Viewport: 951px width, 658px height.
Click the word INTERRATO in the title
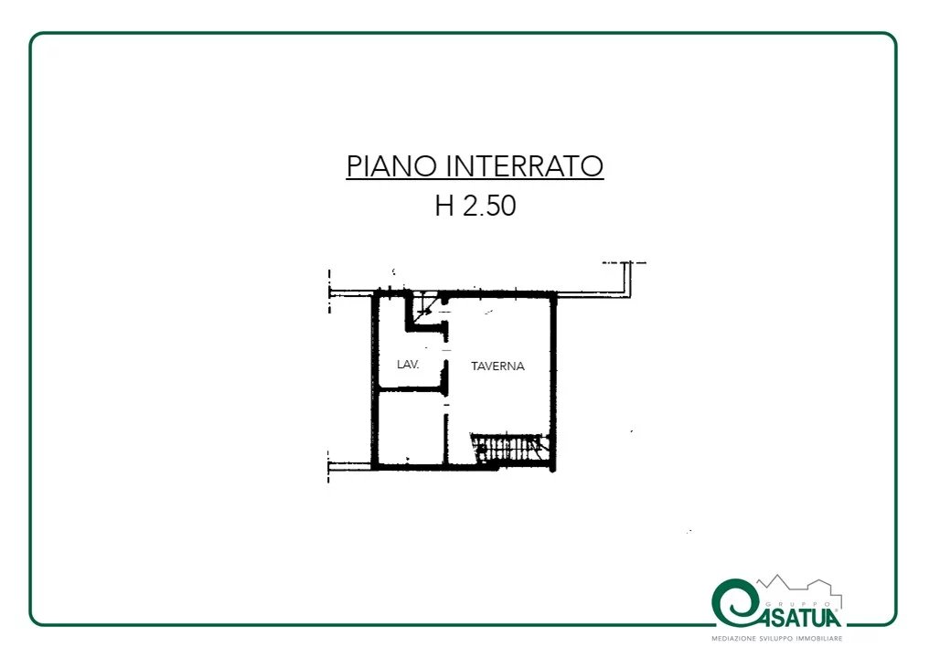(x=525, y=166)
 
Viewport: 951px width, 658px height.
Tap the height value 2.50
(x=489, y=205)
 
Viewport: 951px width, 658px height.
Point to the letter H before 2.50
(x=444, y=205)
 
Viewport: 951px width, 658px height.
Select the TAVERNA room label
(x=497, y=366)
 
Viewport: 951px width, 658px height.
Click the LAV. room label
(x=408, y=364)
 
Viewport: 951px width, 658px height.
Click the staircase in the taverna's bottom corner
(x=508, y=449)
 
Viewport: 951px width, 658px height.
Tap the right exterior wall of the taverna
(x=552, y=382)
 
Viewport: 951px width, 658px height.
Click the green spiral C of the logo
(x=735, y=603)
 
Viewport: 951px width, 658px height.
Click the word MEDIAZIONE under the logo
(x=734, y=639)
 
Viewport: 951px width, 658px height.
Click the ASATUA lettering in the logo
(x=799, y=618)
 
